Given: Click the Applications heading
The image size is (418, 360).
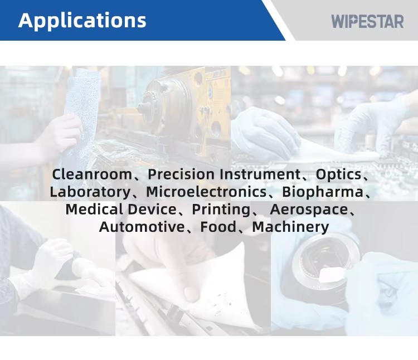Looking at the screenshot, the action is coord(82,21).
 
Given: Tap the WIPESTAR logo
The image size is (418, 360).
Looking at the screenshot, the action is coord(367,21).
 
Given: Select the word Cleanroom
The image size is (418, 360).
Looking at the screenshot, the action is coord(92,174).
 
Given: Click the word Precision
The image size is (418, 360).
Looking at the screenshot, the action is coord(181,174).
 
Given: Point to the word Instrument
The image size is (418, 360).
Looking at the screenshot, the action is coord(260,174).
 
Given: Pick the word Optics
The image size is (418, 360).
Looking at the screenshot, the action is coord(338,175).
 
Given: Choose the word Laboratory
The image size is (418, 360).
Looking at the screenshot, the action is coord(90,192).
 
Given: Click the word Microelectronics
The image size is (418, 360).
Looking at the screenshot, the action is coord(206,192).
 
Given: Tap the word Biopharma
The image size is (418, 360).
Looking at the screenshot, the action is coord(323,192).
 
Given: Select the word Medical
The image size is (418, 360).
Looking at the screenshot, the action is coord(94,210).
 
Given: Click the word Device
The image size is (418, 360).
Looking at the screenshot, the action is coord(152,210).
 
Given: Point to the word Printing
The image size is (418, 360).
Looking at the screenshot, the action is coord(221,210).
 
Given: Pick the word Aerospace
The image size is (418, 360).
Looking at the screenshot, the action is coord(309,210).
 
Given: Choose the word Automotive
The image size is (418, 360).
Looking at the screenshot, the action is coord(142,227).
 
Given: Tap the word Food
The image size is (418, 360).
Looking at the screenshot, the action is coord(218,227).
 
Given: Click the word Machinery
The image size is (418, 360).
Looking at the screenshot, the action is coord(290,227).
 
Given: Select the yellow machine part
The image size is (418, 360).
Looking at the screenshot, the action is coord(187,104).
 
